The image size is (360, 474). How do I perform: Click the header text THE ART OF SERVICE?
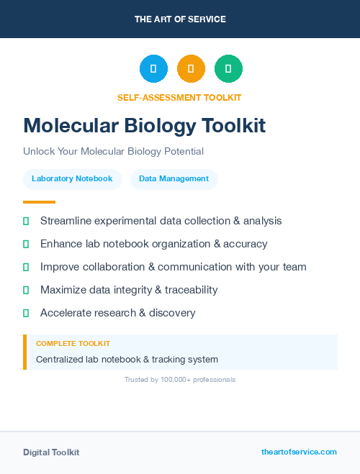pyautogui.click(x=180, y=19)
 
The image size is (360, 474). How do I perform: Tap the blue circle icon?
pyautogui.click(x=153, y=69)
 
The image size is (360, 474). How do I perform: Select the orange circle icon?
pyautogui.click(x=191, y=69)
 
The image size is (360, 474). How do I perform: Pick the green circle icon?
pyautogui.click(x=228, y=69)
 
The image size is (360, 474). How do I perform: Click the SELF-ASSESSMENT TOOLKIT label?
pyautogui.click(x=179, y=98)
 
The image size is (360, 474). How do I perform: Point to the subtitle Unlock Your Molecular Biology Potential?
pyautogui.click(x=113, y=152)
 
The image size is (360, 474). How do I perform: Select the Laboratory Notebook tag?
pyautogui.click(x=72, y=178)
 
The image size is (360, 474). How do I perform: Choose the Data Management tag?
pyautogui.click(x=174, y=178)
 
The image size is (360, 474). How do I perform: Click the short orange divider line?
pyautogui.click(x=39, y=202)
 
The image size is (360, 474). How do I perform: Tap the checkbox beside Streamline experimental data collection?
pyautogui.click(x=26, y=221)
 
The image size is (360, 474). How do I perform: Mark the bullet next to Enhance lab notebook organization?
pyautogui.click(x=26, y=244)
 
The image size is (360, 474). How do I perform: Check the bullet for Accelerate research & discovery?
pyautogui.click(x=26, y=313)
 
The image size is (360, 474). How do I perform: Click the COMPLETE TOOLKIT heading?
pyautogui.click(x=73, y=344)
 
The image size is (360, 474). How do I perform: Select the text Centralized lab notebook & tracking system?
pyautogui.click(x=127, y=359)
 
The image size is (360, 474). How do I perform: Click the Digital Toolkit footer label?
pyautogui.click(x=51, y=452)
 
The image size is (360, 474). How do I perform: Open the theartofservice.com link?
pyautogui.click(x=299, y=452)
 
